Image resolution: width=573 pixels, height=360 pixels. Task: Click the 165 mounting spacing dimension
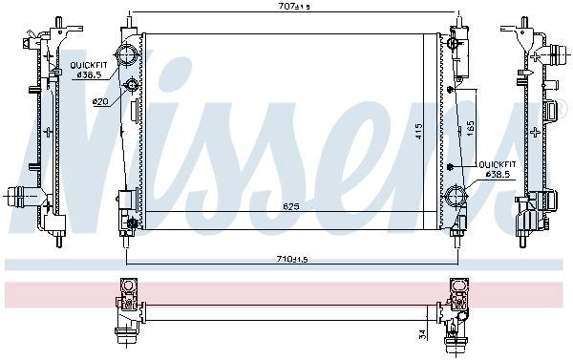[x=470, y=126]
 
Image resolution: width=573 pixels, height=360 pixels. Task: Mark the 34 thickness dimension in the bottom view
[x=421, y=333]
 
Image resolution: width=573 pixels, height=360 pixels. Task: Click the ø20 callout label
[x=98, y=100]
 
